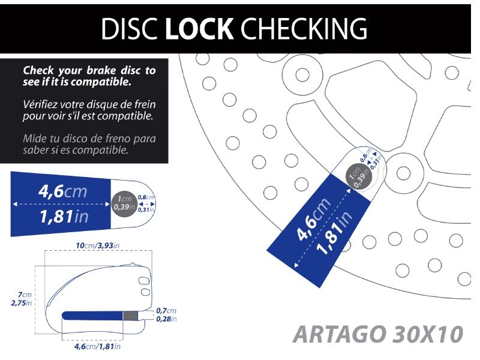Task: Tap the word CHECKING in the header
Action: (307, 28)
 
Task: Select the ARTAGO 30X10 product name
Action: (379, 334)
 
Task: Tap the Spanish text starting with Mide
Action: (89, 144)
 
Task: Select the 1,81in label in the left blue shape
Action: (63, 217)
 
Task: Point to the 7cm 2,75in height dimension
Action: (22, 298)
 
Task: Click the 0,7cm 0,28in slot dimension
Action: (166, 314)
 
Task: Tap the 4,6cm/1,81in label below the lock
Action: (97, 346)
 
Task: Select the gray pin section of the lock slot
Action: (130, 316)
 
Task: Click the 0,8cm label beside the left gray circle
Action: (146, 197)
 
